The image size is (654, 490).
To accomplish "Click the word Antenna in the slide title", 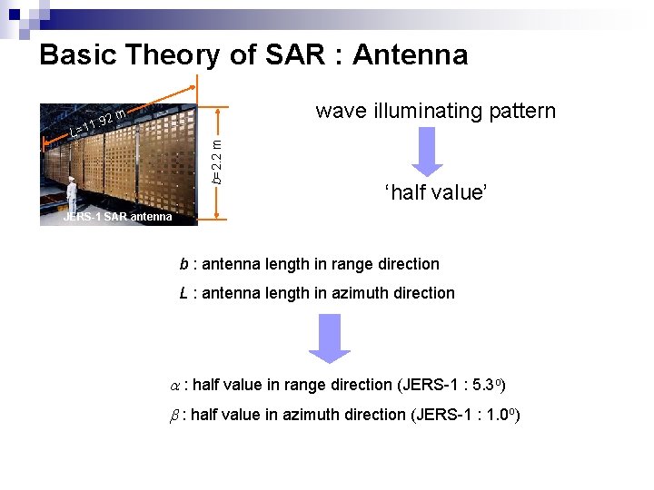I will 410,55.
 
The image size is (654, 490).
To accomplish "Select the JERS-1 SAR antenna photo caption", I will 117,217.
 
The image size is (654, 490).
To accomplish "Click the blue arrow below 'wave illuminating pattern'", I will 428,152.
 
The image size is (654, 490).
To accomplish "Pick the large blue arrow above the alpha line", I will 329,338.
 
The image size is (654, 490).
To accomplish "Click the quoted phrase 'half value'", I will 436,193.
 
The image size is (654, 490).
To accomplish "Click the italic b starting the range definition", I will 183,265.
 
